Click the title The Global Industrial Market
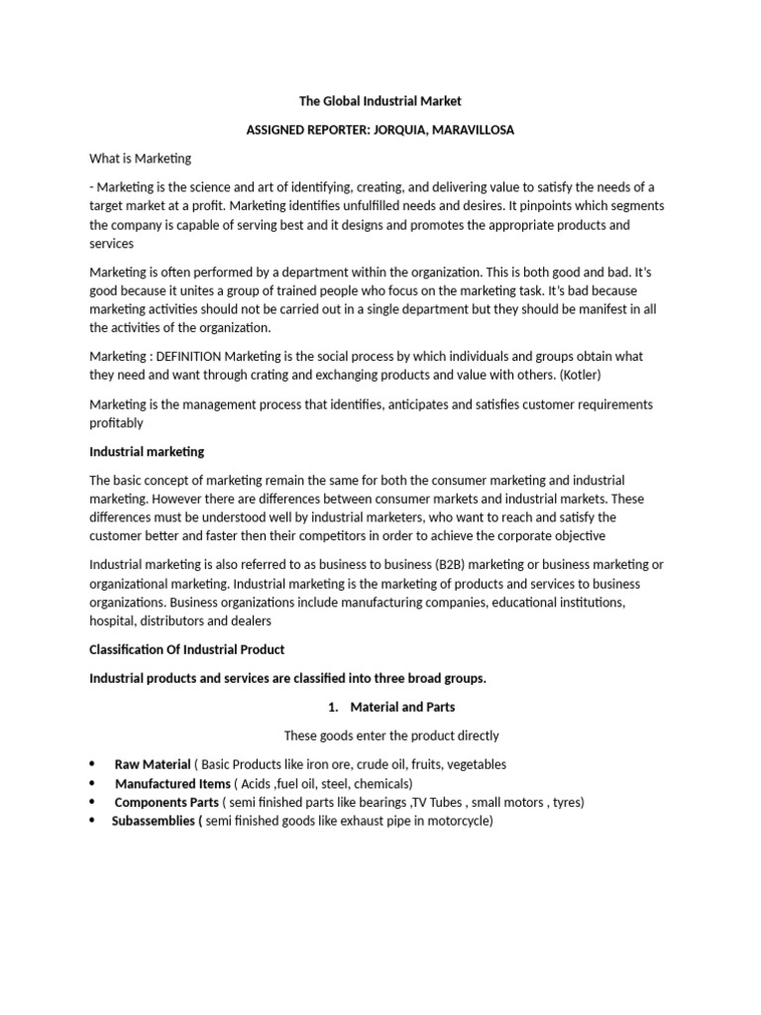[x=381, y=101]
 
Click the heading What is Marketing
[x=140, y=159]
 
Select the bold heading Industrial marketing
[x=147, y=452]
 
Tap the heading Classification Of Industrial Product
[x=186, y=650]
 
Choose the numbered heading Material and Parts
[x=402, y=708]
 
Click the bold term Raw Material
[x=152, y=765]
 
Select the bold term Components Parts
[x=165, y=803]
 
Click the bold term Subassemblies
[x=155, y=822]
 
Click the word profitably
[x=116, y=423]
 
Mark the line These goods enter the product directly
[x=391, y=736]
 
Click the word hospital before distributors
[x=113, y=621]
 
